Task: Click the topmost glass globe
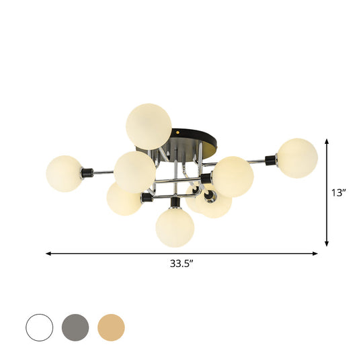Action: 149,126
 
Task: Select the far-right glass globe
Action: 297,158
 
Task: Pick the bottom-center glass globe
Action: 175,228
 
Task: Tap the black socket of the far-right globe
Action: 271,160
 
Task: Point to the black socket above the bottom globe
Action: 174,202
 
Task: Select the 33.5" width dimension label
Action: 182,264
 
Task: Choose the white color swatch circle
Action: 39,327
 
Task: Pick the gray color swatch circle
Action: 75,327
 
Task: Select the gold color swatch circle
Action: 111,327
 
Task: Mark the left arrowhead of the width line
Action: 48,253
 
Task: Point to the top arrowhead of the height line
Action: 327,141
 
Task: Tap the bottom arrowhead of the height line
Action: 327,244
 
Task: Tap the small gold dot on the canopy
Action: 177,133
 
